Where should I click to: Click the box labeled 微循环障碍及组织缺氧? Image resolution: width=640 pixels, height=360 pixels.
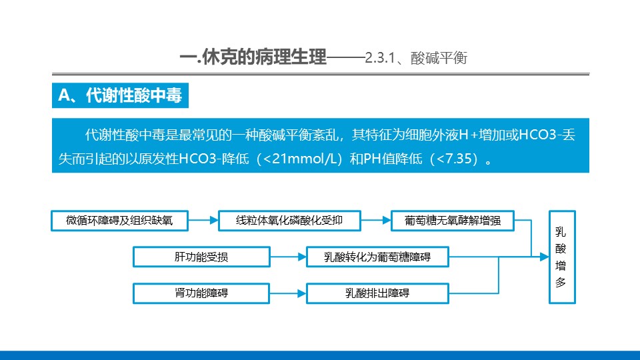click(x=119, y=221)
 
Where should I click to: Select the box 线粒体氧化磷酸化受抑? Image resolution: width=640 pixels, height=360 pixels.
click(x=289, y=221)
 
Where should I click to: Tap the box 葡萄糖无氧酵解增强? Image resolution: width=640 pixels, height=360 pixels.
click(x=453, y=221)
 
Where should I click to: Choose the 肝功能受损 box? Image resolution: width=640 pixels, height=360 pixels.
click(x=201, y=257)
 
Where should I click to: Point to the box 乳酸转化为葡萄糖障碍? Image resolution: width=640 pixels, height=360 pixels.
click(x=377, y=257)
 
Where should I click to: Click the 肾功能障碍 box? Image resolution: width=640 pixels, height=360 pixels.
click(x=201, y=293)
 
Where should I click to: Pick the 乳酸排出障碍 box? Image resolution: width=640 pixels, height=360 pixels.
click(x=377, y=293)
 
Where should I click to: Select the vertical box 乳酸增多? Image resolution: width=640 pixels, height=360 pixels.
click(x=562, y=257)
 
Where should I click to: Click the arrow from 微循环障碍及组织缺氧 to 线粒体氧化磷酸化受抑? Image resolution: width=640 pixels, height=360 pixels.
click(x=203, y=221)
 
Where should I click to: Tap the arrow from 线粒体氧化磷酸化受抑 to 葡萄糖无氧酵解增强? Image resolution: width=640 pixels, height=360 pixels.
click(x=376, y=221)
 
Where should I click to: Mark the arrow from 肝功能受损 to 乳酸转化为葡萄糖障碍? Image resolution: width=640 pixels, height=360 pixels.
click(x=288, y=257)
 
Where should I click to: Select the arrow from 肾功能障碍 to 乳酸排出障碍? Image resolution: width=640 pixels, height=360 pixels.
click(x=288, y=293)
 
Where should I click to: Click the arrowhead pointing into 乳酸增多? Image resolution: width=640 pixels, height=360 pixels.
click(x=545, y=257)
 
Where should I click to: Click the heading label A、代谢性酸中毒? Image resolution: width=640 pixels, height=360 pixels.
click(x=120, y=95)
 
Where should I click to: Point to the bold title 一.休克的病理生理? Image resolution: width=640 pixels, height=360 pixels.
click(x=253, y=57)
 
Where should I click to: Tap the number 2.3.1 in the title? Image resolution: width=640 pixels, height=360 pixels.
click(x=379, y=58)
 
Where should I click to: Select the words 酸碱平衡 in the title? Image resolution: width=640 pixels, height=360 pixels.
click(x=439, y=58)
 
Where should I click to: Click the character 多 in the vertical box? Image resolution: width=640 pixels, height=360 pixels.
click(x=561, y=283)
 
